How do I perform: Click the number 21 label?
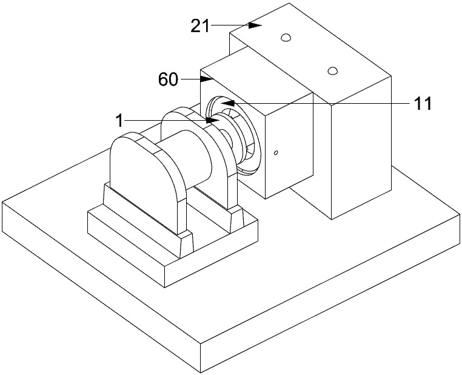click(x=200, y=26)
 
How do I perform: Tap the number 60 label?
click(x=168, y=79)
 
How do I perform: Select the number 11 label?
click(x=423, y=104)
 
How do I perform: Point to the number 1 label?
click(x=119, y=121)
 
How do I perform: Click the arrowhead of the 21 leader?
click(x=255, y=25)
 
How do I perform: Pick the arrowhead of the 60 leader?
click(x=206, y=79)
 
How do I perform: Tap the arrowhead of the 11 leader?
click(x=228, y=103)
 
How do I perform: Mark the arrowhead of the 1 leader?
click(x=213, y=120)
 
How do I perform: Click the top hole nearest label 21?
click(x=286, y=38)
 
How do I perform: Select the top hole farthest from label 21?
click(x=333, y=71)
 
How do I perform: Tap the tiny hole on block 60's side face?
click(x=276, y=152)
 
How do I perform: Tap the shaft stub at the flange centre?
click(x=226, y=138)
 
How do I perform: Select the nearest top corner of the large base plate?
click(x=201, y=343)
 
